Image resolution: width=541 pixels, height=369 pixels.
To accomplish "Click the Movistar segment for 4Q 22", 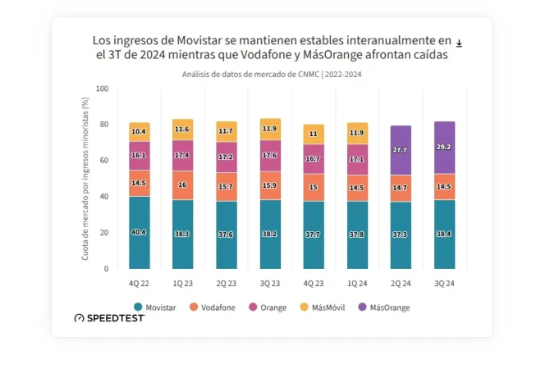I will [x=139, y=232].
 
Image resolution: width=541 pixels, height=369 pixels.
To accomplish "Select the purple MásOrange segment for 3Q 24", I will [x=444, y=148].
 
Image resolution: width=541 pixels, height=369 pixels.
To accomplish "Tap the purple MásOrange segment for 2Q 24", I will [x=401, y=150].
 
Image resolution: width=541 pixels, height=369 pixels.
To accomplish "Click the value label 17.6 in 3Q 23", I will [x=270, y=155].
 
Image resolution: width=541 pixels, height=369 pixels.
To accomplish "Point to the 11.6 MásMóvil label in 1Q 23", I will [x=182, y=130].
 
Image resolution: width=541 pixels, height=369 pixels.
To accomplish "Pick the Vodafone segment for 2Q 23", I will [x=226, y=187].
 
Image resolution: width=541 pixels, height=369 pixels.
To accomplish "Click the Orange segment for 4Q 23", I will [x=314, y=158].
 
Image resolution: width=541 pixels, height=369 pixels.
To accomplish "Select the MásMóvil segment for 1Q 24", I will [x=357, y=133].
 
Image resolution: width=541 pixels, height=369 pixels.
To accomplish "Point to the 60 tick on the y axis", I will [x=103, y=161].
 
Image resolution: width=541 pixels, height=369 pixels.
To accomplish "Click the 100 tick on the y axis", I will [x=101, y=89].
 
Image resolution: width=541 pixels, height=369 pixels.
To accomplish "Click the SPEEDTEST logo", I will [x=109, y=318].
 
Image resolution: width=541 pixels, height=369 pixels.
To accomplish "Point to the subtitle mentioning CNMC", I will [x=272, y=74].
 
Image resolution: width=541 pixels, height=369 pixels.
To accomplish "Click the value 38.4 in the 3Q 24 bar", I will [x=444, y=233].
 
